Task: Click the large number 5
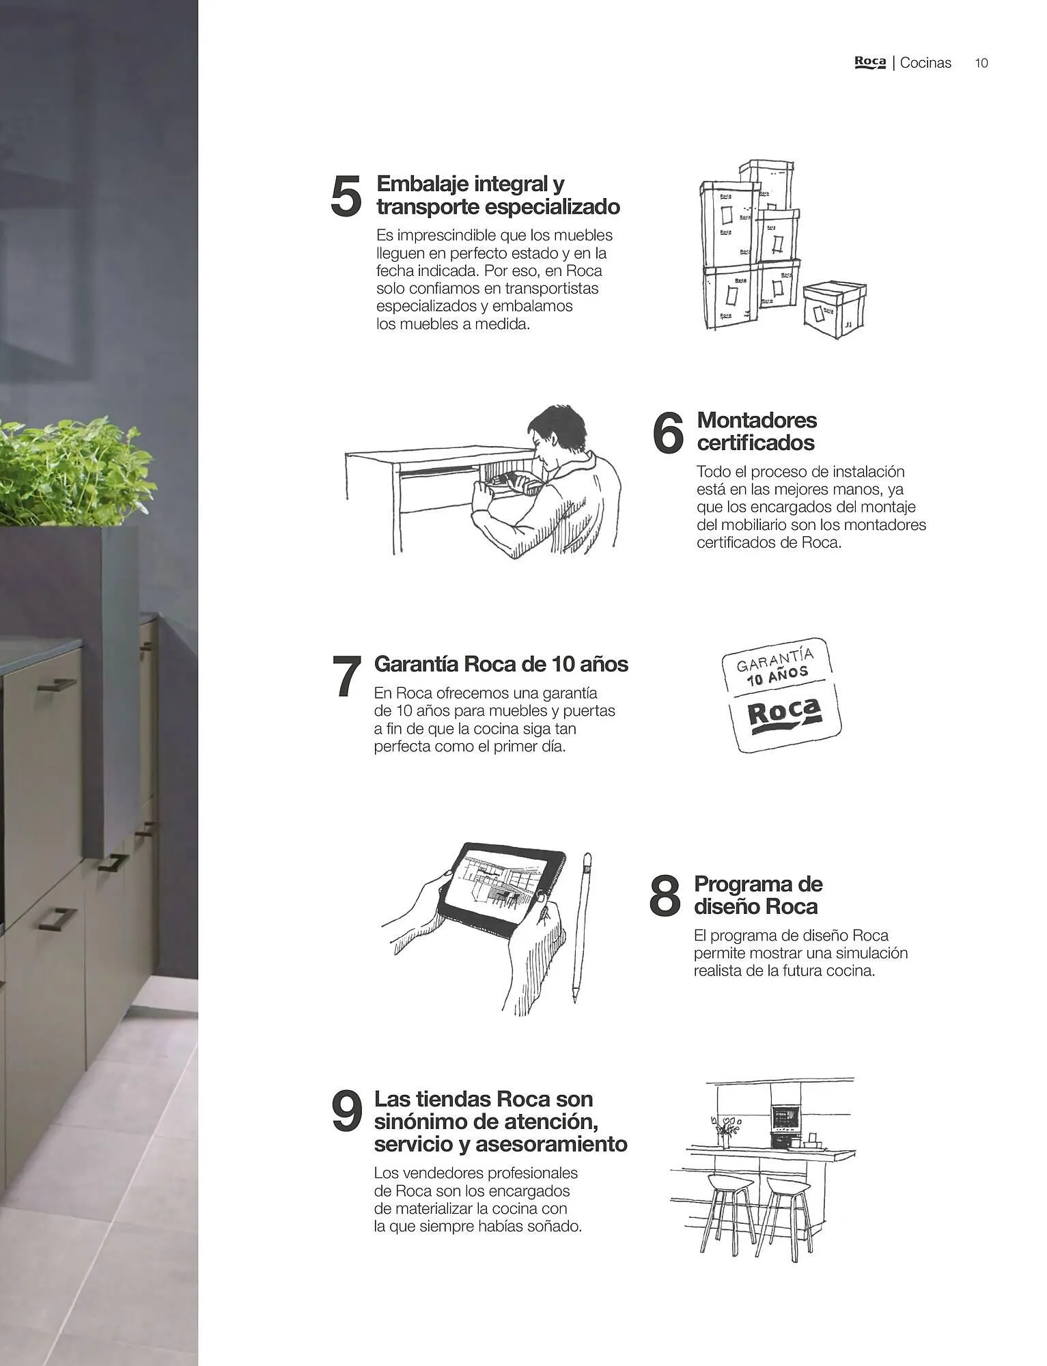(x=346, y=196)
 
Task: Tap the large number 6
(x=668, y=432)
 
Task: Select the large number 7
(x=347, y=676)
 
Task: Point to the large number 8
(x=665, y=895)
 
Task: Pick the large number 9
(x=346, y=1111)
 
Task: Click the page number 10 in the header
(x=981, y=63)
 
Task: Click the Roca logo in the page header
(x=870, y=62)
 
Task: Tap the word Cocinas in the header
(x=925, y=63)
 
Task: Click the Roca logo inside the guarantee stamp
(x=784, y=716)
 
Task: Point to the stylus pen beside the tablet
(x=581, y=927)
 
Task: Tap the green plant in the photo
(x=75, y=471)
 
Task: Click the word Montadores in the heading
(x=757, y=420)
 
